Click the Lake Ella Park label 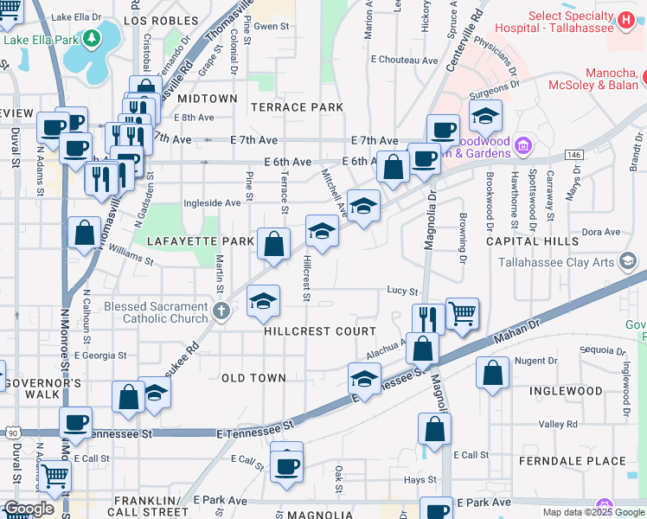pos(41,40)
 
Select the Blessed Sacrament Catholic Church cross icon pos(221,311)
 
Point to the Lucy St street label pos(402,292)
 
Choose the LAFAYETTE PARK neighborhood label pos(200,240)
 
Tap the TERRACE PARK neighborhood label pos(297,107)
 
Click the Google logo pos(28,509)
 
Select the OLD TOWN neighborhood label pos(253,378)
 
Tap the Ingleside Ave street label pos(212,203)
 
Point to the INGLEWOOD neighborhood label pos(566,391)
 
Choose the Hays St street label pos(421,479)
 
